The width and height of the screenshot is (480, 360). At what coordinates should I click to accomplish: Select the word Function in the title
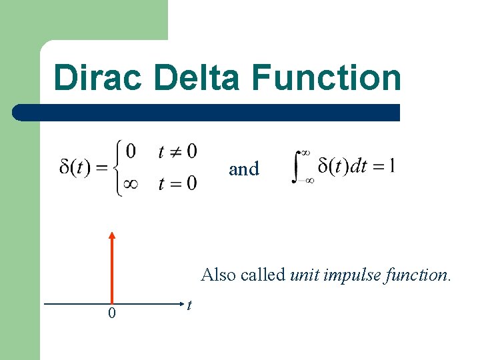coord(327,77)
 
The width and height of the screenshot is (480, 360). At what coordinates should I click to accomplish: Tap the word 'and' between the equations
coord(244,169)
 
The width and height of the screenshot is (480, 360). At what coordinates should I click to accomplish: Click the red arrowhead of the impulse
coord(112,235)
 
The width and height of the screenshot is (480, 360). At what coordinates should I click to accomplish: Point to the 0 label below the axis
coord(111,313)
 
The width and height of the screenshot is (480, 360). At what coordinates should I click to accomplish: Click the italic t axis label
coord(190,305)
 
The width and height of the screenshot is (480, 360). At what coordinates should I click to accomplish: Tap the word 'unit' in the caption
coord(305,275)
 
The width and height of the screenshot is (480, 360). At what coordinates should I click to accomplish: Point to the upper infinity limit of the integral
coord(307,153)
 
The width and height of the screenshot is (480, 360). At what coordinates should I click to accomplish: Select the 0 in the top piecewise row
coord(131,152)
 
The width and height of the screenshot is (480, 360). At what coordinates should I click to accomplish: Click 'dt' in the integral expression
coord(359,165)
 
